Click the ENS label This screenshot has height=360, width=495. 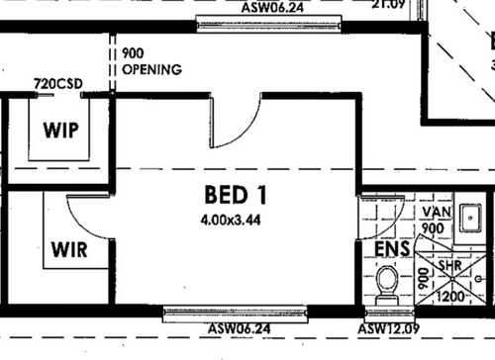click(x=393, y=248)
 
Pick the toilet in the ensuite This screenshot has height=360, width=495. click(x=387, y=288)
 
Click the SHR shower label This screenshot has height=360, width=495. click(x=450, y=267)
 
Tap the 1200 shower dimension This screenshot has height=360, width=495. click(x=452, y=294)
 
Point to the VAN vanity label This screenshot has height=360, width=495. click(x=436, y=213)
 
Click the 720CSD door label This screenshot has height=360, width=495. click(x=55, y=84)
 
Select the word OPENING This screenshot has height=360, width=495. click(x=151, y=70)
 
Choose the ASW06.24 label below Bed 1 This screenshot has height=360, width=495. click(x=239, y=328)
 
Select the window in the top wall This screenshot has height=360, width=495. click(x=268, y=23)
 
